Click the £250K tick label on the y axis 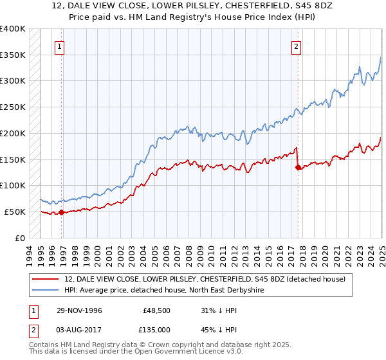tap(12, 107)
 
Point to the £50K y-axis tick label tap(14, 212)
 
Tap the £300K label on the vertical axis tap(12, 81)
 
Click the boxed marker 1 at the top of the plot tap(59, 46)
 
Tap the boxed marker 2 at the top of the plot tap(296, 46)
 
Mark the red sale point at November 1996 tap(61, 212)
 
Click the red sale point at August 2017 tap(298, 168)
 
